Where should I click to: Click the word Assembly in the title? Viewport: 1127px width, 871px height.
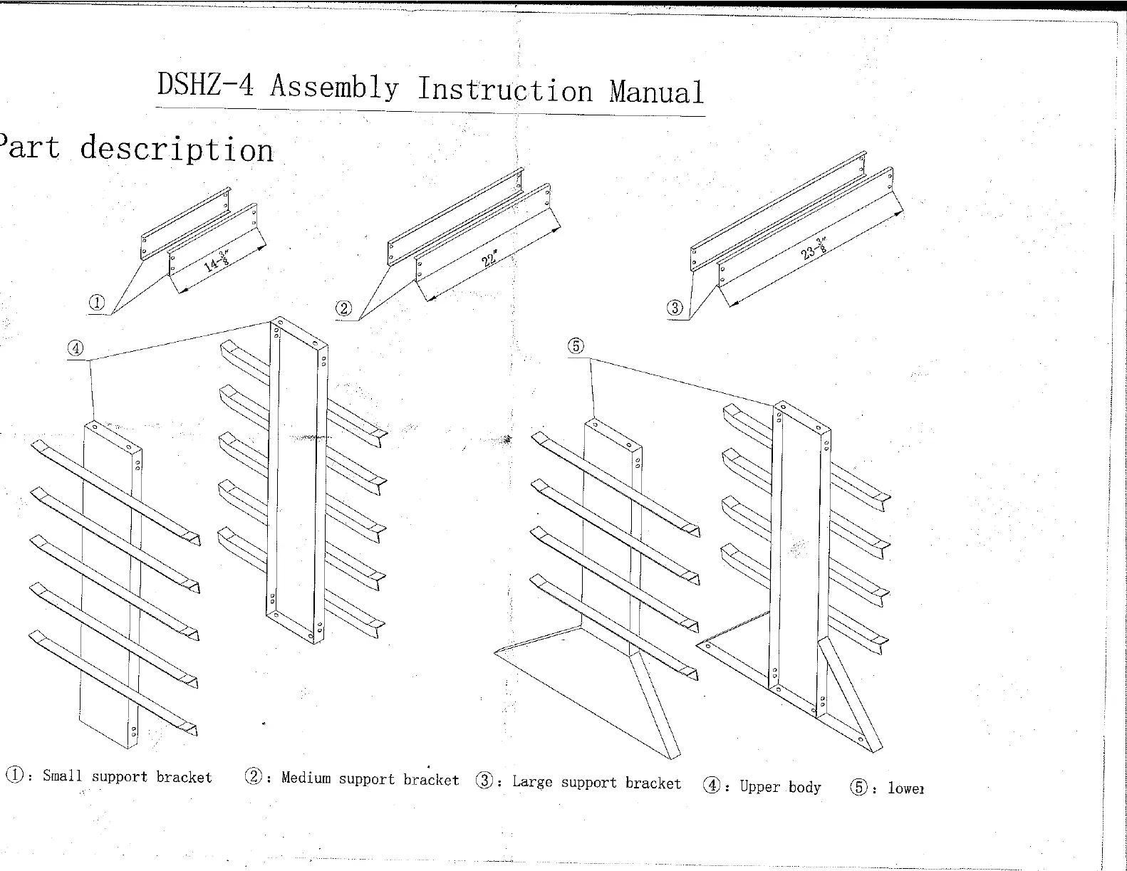click(334, 87)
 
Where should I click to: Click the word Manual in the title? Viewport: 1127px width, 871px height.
click(656, 92)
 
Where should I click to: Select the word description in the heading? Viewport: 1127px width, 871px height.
click(177, 150)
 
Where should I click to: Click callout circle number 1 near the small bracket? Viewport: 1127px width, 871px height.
click(96, 303)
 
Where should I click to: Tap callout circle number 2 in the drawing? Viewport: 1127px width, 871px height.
click(344, 308)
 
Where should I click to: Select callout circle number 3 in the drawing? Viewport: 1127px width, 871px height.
click(675, 308)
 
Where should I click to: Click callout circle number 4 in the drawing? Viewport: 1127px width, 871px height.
click(76, 348)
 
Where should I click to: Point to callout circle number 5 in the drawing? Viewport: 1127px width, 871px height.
click(576, 346)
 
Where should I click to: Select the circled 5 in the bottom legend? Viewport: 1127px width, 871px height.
click(860, 788)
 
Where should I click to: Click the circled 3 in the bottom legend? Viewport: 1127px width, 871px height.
click(484, 781)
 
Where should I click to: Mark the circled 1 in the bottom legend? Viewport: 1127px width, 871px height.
click(14, 775)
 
